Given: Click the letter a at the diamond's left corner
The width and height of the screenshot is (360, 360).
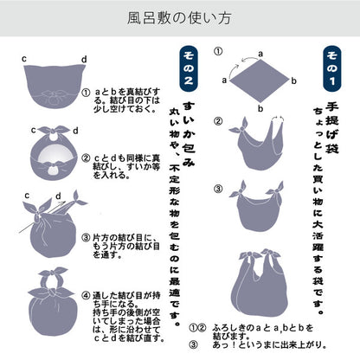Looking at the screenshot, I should (x=224, y=79).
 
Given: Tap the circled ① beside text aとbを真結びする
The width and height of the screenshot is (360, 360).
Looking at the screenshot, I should (x=85, y=93).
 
